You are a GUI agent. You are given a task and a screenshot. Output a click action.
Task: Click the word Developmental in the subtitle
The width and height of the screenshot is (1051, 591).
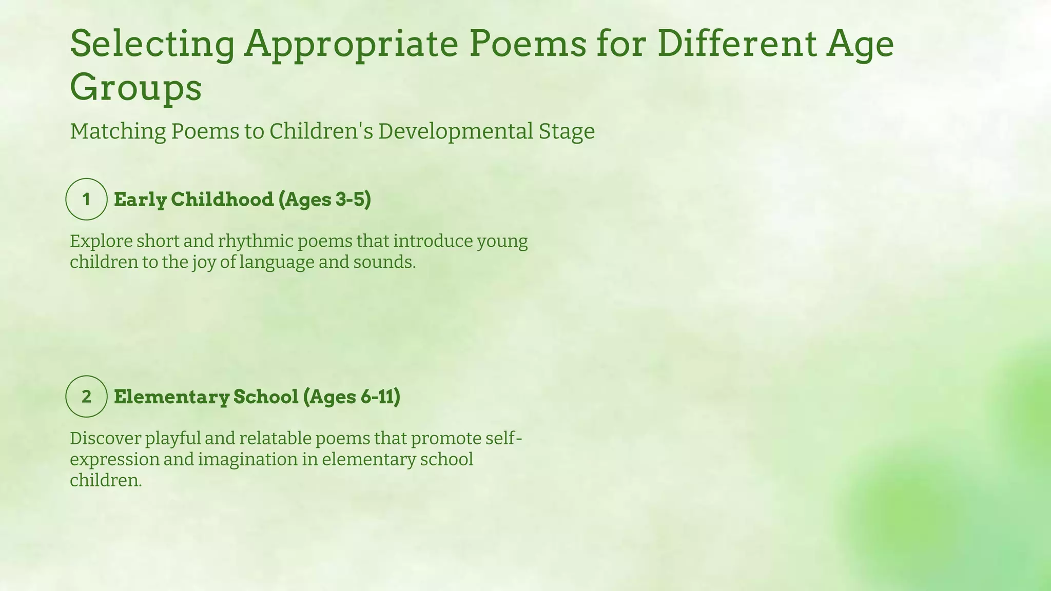click(456, 131)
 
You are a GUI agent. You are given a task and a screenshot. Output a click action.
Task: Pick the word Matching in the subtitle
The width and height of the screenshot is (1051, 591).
click(118, 131)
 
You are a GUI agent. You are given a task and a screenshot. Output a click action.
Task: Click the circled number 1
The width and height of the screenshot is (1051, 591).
click(86, 199)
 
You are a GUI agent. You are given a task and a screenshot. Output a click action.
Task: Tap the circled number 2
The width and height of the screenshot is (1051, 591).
click(86, 396)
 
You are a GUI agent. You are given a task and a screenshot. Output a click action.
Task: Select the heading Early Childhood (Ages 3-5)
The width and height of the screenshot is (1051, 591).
click(242, 199)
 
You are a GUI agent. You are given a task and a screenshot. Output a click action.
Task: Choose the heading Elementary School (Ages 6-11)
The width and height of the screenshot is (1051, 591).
click(257, 397)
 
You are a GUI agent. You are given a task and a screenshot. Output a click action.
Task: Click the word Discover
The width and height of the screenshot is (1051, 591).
click(105, 438)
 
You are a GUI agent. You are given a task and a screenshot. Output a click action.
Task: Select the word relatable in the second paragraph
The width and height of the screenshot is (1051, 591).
click(274, 438)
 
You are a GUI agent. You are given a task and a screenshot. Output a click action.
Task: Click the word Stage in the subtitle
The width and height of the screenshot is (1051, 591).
click(566, 131)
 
